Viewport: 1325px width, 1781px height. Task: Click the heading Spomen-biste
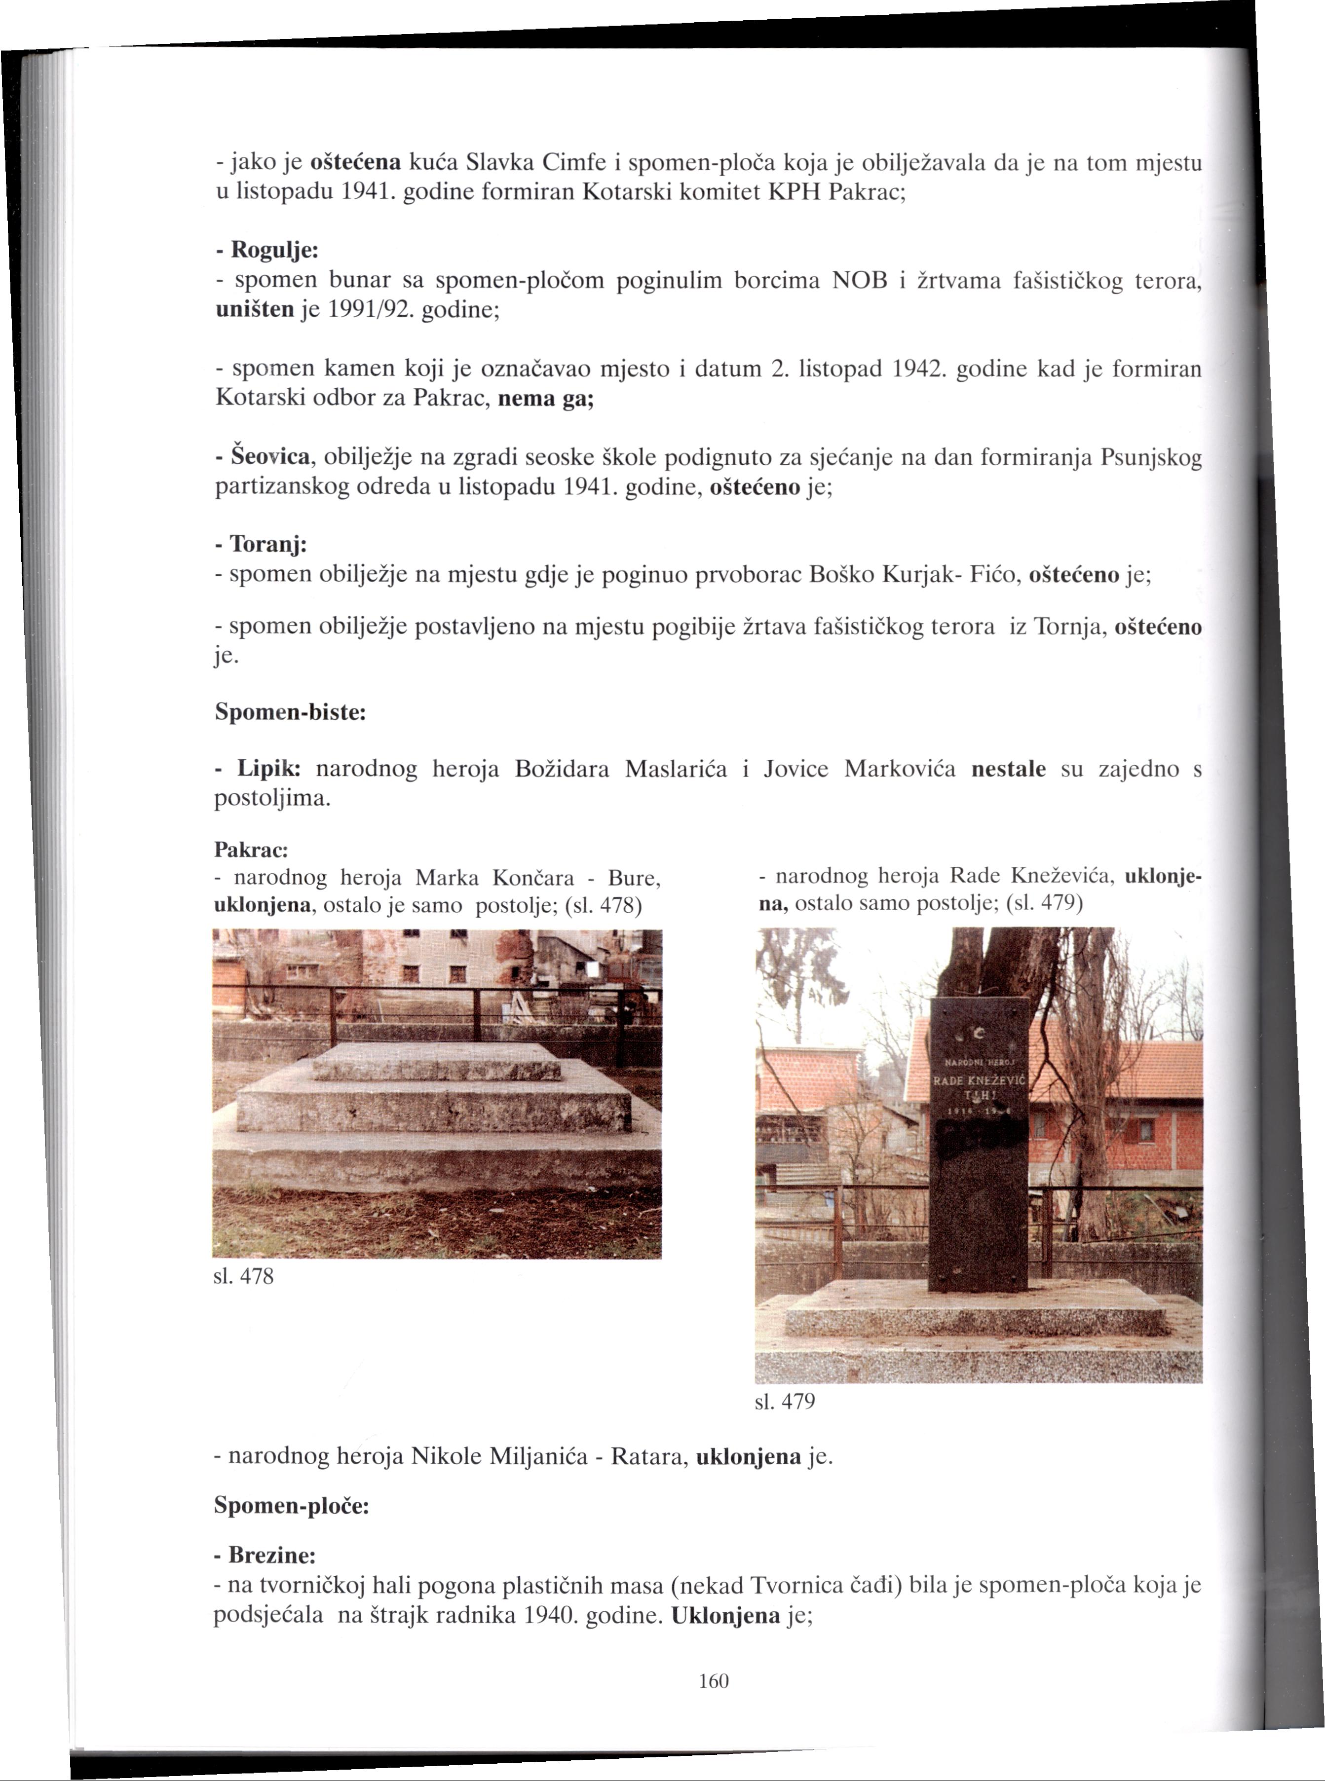pos(290,712)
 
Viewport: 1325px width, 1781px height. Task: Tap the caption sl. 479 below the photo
pos(785,1402)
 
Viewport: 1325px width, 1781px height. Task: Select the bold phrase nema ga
pos(545,399)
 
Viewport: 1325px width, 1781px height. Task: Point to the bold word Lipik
pos(268,769)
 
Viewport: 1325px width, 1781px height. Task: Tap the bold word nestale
pos(1008,769)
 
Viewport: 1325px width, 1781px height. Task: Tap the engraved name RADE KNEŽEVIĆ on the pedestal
pos(979,1079)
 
